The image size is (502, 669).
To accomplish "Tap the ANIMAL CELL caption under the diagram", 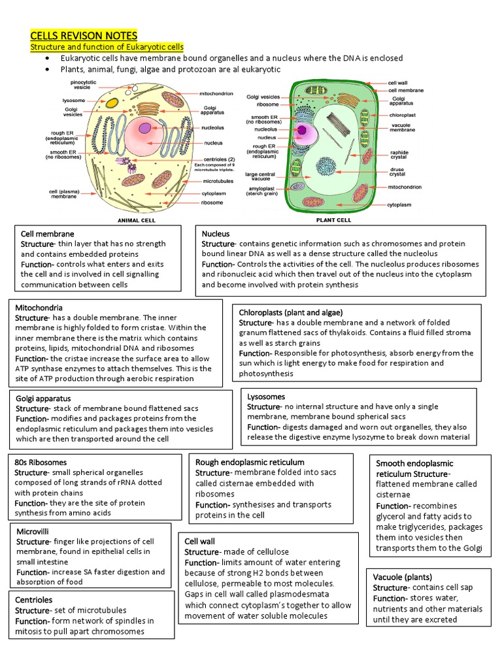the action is pos(135,220).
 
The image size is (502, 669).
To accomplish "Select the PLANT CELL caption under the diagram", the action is pos(333,220).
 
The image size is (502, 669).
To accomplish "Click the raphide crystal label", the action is pos(399,155).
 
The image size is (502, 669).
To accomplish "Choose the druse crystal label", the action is pos(397,172).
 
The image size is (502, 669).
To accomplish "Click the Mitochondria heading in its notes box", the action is pos(40,306).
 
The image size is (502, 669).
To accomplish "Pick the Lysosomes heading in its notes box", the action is pos(266,397).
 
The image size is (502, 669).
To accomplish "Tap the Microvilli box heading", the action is pos(33,531).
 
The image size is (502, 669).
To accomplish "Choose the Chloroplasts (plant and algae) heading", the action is pos(291,312).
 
